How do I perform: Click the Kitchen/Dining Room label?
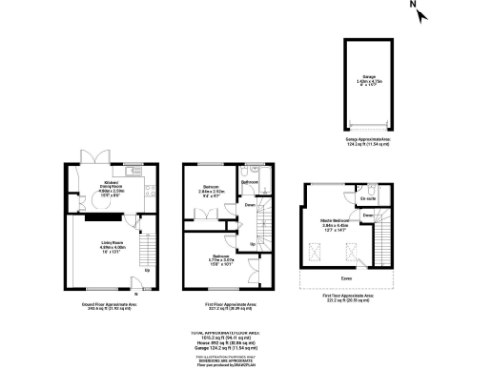(x=112, y=184)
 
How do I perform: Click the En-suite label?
(x=366, y=199)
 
